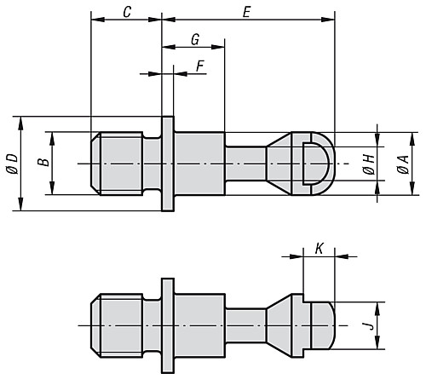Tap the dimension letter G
tap(194, 40)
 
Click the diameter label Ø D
tap(10, 161)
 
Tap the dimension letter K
tap(319, 248)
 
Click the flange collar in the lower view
tap(168, 325)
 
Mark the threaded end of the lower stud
tap(116, 325)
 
